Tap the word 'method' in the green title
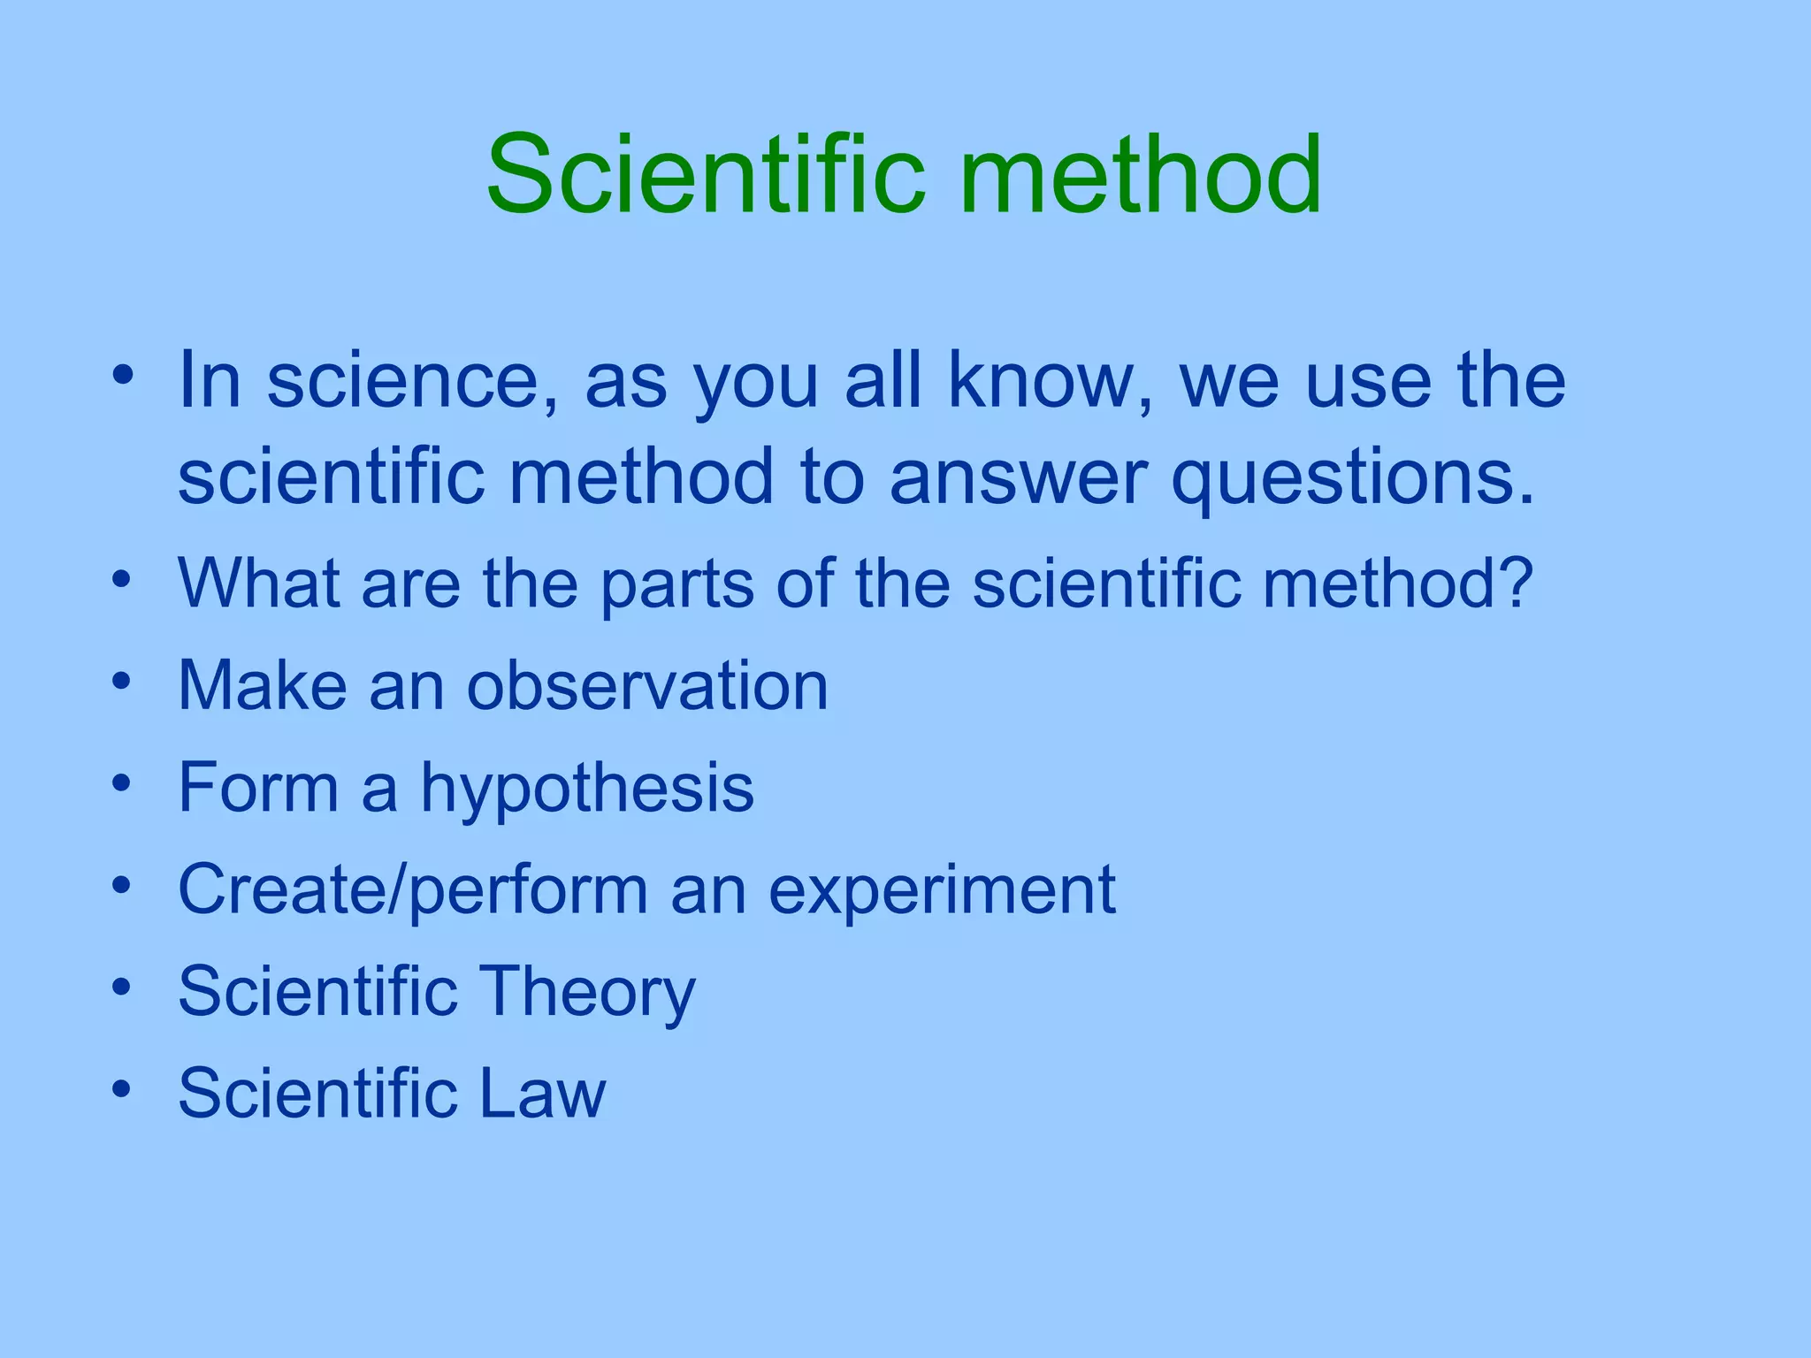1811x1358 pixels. pos(1141,174)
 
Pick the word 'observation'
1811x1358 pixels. pos(647,686)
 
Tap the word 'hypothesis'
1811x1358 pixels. pos(586,790)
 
